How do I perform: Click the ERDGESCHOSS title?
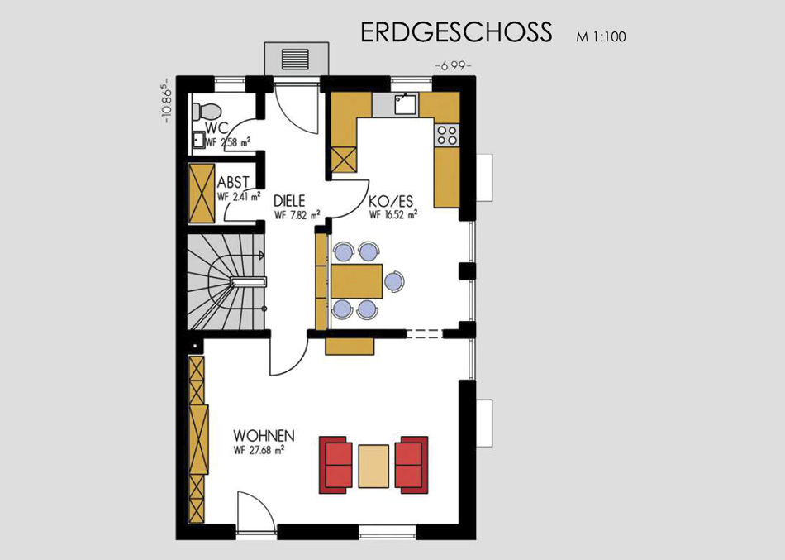pos(456,31)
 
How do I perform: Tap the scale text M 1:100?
pos(601,36)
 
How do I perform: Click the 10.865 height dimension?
pos(167,100)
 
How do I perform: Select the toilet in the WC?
pos(207,110)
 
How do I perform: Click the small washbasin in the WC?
pos(198,140)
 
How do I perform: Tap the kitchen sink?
pos(406,103)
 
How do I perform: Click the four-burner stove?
pos(446,135)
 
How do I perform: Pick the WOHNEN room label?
pos(264,435)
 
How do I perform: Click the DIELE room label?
pos(289,202)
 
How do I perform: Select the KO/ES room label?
pos(391,202)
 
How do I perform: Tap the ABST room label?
pos(233,183)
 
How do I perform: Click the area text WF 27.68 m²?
pos(259,450)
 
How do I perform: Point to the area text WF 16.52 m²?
pos(393,214)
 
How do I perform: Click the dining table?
pos(356,281)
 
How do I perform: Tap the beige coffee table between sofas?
pos(373,467)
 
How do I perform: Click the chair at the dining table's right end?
pos(394,281)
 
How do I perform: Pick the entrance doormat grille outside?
pos(297,60)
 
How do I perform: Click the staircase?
pos(226,282)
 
